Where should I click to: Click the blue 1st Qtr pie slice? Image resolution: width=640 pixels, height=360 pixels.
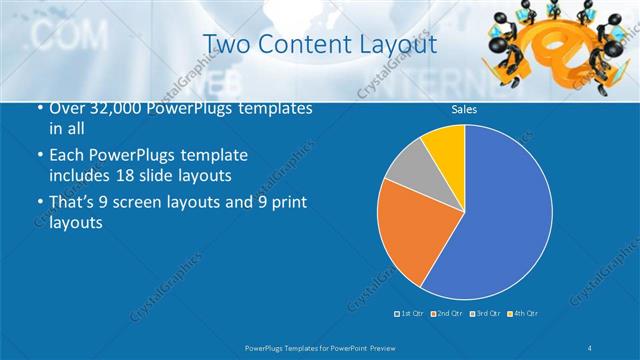500,210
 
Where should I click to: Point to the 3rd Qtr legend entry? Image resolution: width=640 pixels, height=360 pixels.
486,314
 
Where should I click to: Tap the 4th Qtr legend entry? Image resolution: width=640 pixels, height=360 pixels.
523,314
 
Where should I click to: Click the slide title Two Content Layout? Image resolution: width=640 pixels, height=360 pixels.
319,43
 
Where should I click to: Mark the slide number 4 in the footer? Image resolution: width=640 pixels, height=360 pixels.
591,346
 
